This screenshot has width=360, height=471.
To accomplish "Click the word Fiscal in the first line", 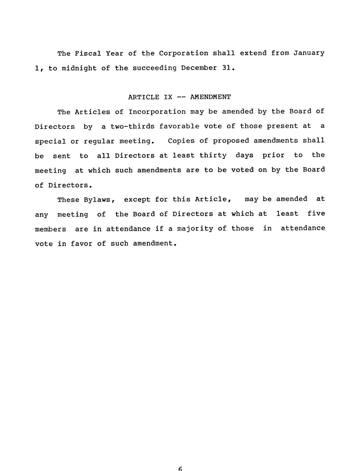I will (88, 54).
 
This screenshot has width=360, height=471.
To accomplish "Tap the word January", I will (309, 53).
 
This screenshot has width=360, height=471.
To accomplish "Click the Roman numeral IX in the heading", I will (168, 97).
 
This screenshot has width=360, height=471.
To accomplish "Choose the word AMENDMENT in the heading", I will (210, 97).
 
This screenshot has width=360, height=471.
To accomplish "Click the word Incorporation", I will (157, 112).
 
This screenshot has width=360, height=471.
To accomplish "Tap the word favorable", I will (179, 126).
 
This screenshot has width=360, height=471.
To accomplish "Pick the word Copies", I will (181, 141).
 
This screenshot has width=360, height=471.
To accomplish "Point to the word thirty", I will (213, 156).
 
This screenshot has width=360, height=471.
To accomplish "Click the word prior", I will (273, 155).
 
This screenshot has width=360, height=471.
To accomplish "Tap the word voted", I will (242, 170).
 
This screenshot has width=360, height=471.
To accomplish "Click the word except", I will (137, 200).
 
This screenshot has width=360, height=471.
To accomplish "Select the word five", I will (316, 214).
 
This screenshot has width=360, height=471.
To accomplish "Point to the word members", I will (51, 229).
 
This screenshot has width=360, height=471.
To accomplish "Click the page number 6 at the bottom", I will (180, 469).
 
